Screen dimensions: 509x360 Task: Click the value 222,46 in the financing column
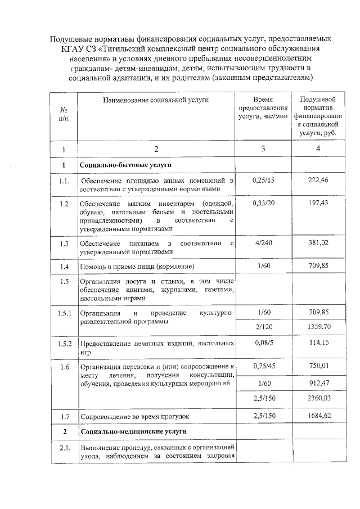[x=318, y=180]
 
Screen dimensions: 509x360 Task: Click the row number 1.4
[x=64, y=265]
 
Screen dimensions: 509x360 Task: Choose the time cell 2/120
[x=264, y=326]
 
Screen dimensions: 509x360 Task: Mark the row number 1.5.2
[x=64, y=344]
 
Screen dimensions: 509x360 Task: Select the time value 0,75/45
[x=264, y=366]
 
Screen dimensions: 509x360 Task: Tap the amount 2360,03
[x=318, y=399]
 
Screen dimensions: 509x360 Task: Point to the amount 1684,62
[x=318, y=416]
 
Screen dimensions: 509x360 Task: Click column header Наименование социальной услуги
[x=156, y=100]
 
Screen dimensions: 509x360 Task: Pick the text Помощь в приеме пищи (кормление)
[x=137, y=265]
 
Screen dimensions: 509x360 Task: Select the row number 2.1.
[x=64, y=448]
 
